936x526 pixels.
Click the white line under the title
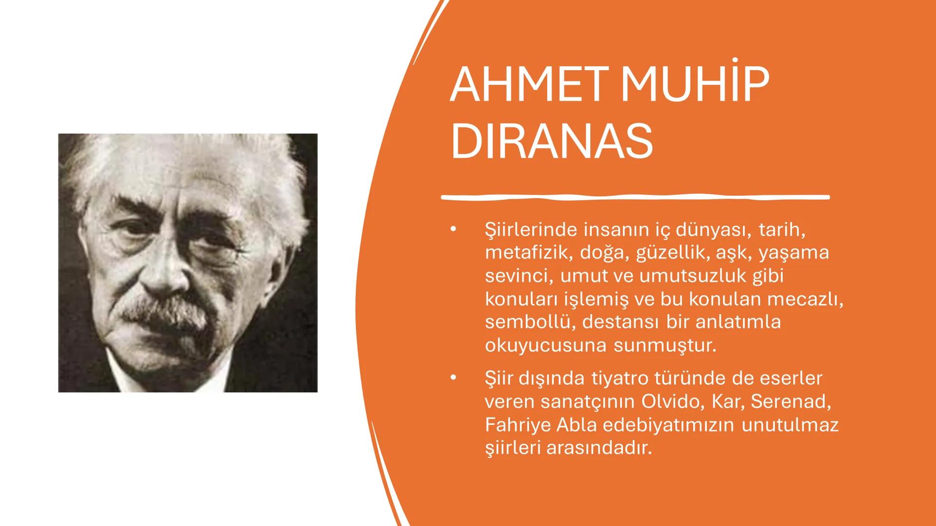pyautogui.click(x=635, y=197)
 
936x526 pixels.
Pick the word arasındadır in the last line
pyautogui.click(x=599, y=448)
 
